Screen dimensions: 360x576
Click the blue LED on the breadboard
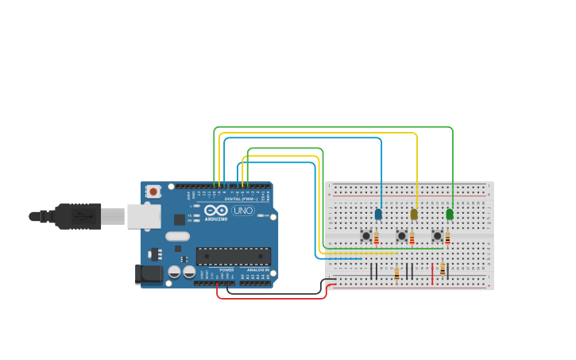coord(378,214)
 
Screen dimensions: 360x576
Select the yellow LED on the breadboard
coord(414,214)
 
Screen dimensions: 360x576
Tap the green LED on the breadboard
coord(450,214)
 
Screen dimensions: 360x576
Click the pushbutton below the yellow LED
coord(402,235)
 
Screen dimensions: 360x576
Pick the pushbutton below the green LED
coord(437,235)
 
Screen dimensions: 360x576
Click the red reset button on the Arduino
coord(153,192)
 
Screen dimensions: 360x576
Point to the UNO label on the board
coord(243,211)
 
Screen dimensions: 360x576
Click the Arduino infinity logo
coord(216,211)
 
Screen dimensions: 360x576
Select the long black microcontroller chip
coord(234,256)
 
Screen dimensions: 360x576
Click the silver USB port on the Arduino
coord(144,216)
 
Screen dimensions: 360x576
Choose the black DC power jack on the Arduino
coord(148,274)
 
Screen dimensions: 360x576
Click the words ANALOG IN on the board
coord(257,270)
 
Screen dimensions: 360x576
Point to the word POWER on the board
coord(226,270)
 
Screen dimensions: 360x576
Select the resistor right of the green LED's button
coord(447,238)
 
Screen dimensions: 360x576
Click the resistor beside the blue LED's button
coord(377,238)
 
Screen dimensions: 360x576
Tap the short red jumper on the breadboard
coord(432,273)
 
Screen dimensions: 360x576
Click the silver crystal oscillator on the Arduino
coord(178,236)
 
